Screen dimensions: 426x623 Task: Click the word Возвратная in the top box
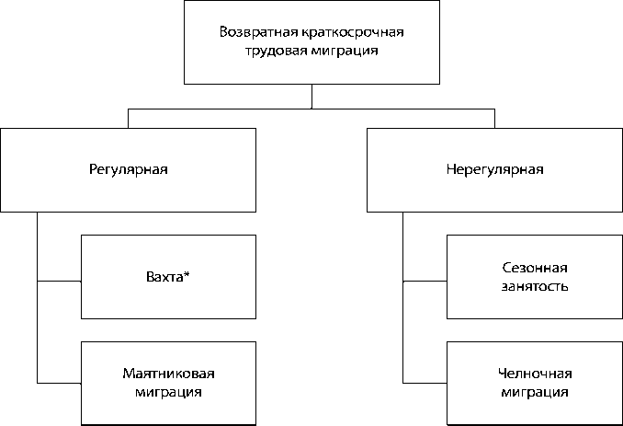[x=254, y=32]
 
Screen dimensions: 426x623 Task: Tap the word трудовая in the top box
[x=273, y=52]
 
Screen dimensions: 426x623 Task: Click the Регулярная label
[x=128, y=169]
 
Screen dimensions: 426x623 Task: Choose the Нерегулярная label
[x=494, y=169]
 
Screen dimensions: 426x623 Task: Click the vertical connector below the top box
[x=311, y=97]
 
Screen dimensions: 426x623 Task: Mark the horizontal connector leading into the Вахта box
[x=59, y=277]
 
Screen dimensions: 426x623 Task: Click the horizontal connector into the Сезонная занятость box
[x=425, y=277]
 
